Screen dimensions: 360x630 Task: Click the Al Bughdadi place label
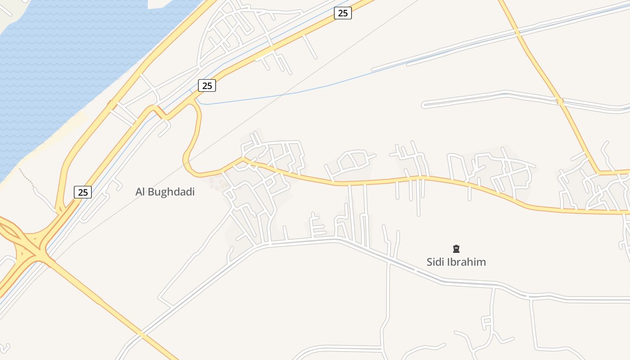pos(165,192)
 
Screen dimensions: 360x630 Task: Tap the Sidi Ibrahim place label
pos(456,262)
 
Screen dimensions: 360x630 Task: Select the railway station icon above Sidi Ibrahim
pos(456,248)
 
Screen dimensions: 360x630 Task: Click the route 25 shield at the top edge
pos(343,13)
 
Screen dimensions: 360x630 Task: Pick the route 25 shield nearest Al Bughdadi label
pos(83,192)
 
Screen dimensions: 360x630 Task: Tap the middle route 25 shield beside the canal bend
pos(207,85)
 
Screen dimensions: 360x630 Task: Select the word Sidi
pos(435,262)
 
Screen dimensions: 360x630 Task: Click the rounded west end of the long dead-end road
pos(424,105)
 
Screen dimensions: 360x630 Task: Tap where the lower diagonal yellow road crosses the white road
pos(143,334)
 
